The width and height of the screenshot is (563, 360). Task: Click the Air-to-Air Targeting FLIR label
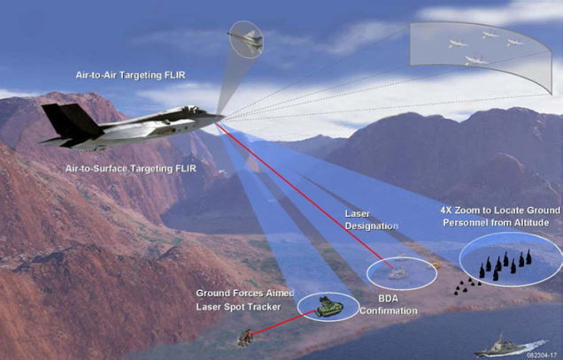click(x=130, y=75)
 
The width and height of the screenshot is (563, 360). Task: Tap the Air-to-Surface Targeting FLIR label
click(x=131, y=168)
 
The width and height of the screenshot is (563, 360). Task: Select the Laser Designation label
click(x=371, y=220)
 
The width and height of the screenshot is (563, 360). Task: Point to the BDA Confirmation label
click(x=389, y=305)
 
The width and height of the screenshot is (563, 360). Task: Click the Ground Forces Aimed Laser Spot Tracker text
click(x=245, y=300)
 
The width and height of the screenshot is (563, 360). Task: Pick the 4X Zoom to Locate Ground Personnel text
click(x=500, y=217)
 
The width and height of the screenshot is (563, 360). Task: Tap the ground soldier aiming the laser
click(x=245, y=338)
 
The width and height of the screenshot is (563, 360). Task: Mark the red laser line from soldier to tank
click(x=283, y=323)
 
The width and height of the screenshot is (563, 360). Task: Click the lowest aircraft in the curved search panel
click(x=476, y=60)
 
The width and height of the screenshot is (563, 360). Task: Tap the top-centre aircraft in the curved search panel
click(x=490, y=34)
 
